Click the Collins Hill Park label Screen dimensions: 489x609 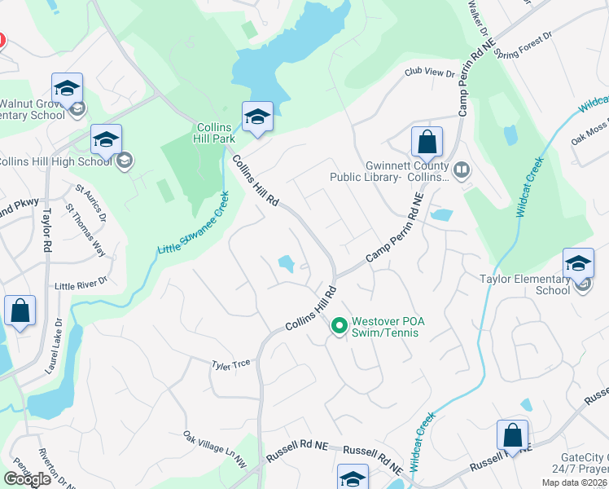coord(216,133)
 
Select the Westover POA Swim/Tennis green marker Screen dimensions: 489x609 coord(340,326)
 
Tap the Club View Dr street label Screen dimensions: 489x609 coord(430,73)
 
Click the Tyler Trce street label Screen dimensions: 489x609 coord(231,364)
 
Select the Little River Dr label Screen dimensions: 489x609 coord(81,286)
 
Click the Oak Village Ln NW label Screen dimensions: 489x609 coord(214,449)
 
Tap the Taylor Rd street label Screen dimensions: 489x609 coord(47,233)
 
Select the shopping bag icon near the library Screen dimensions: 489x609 coord(427,143)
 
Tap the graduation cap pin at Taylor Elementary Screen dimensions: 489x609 coord(578,263)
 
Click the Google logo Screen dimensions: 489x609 coord(27,478)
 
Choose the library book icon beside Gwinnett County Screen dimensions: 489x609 coord(462,170)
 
